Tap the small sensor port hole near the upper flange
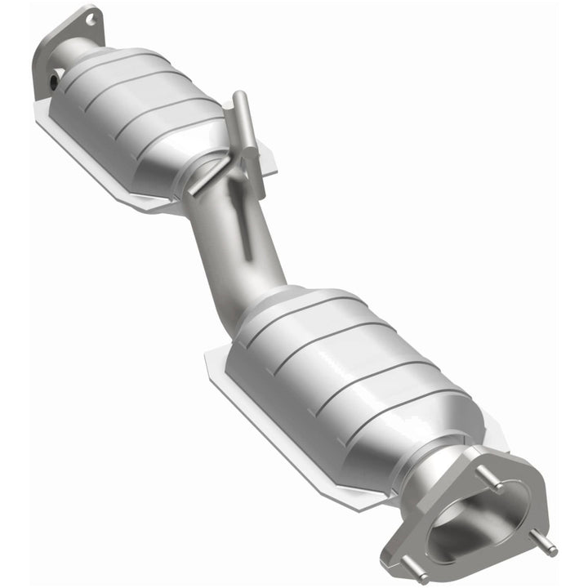pos(54,81)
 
